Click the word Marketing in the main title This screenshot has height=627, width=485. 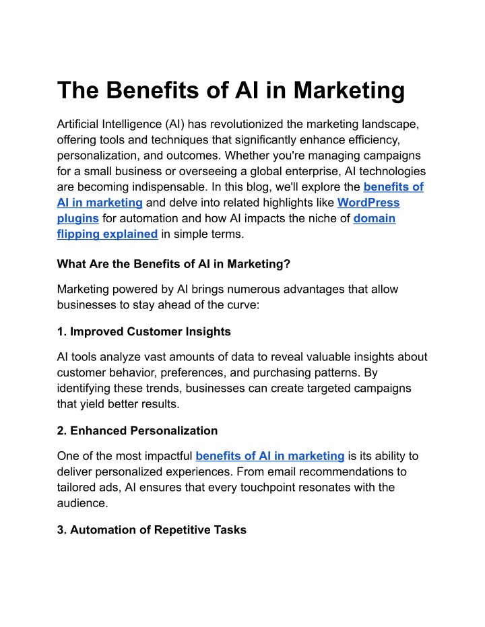point(349,90)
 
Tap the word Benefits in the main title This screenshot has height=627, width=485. point(152,90)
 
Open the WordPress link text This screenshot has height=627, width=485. point(368,203)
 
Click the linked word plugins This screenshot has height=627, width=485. point(77,219)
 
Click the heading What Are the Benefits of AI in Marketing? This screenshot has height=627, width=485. point(174,264)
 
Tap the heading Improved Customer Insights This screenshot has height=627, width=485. point(150,331)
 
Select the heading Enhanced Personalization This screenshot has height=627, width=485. point(144,430)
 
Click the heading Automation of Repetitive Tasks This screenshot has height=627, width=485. point(158,530)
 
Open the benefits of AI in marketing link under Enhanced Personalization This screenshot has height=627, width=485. point(270,456)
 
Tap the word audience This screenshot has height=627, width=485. point(82,503)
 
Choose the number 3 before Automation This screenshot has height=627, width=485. point(61,530)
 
